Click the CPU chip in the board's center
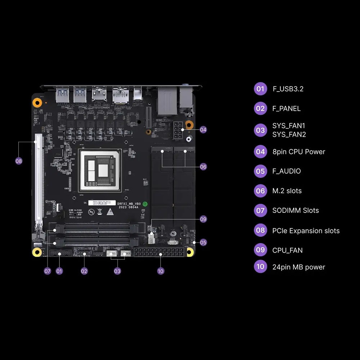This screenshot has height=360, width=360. click(100, 170)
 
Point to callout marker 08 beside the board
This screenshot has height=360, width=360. click(19, 161)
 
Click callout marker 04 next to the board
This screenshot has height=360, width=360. click(203, 129)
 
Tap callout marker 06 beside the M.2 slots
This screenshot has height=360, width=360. click(203, 167)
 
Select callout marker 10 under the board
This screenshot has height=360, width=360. click(161, 271)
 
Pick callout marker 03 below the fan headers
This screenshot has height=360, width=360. click(117, 271)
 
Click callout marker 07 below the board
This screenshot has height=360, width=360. click(48, 271)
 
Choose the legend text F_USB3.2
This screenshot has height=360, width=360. click(288, 89)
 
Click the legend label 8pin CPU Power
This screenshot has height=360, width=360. click(298, 152)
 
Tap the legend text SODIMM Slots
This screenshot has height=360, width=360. click(295, 210)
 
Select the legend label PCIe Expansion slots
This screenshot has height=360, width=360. click(306, 230)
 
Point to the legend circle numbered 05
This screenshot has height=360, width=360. click(260, 171)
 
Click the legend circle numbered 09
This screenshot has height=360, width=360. click(260, 250)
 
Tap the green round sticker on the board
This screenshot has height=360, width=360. click(145, 204)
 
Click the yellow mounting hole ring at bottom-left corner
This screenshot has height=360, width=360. click(36, 252)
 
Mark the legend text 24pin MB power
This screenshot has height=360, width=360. click(298, 267)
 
